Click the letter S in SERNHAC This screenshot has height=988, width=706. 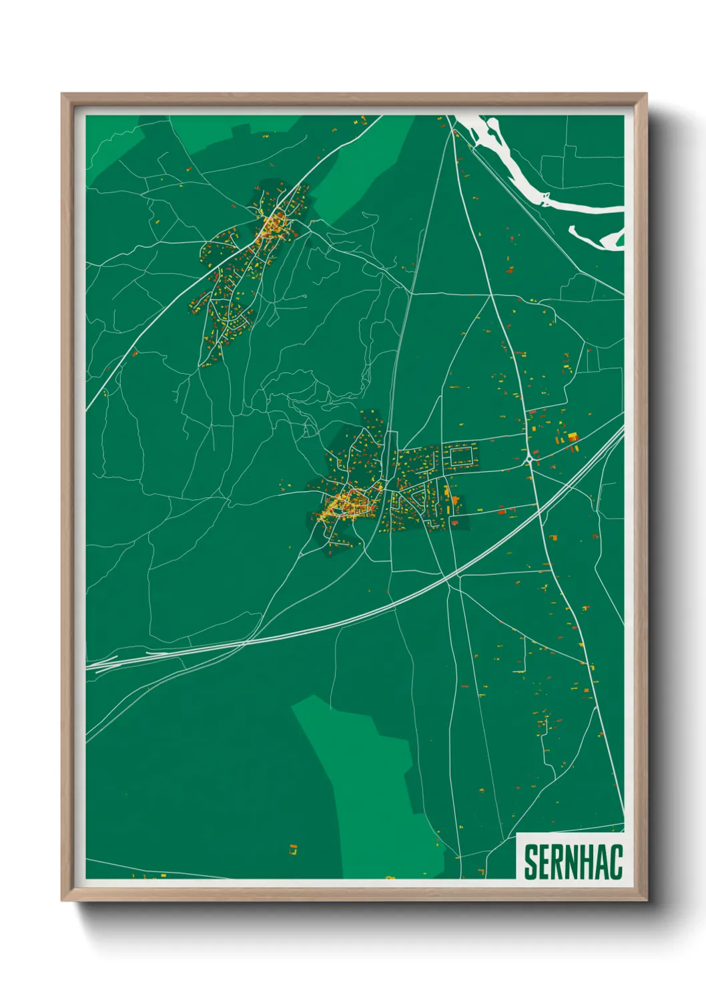point(531,862)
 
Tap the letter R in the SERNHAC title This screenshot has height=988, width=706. point(561,862)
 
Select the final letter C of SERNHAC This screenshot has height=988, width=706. point(617,862)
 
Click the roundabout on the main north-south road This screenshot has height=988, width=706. point(528,459)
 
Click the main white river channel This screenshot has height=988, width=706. point(527,174)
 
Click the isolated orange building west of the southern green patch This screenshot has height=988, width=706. point(293,849)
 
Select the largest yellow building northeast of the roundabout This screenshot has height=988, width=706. point(573,437)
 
